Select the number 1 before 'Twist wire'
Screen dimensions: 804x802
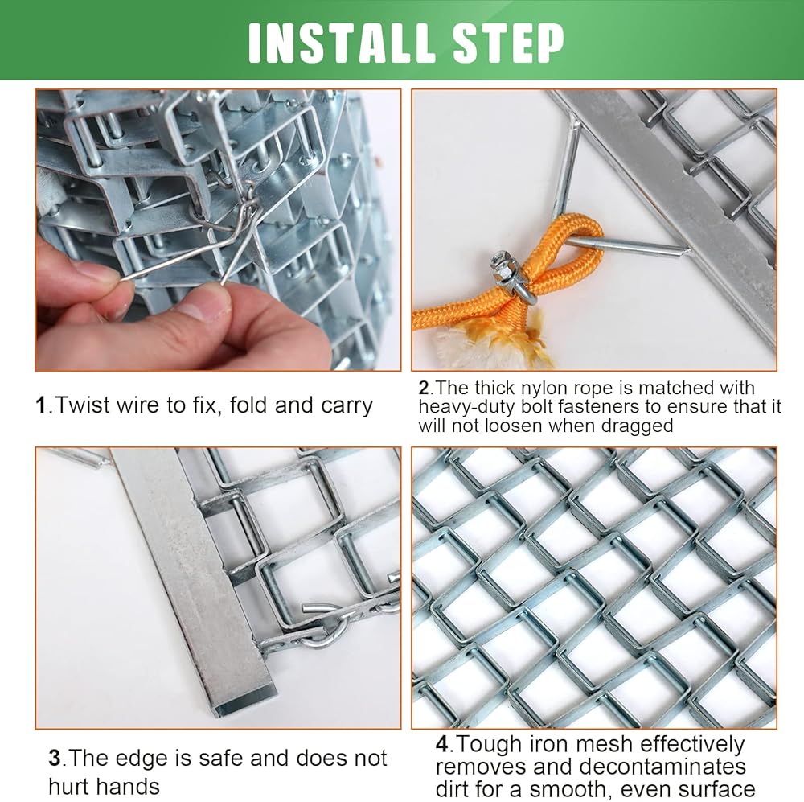pyautogui.click(x=40, y=405)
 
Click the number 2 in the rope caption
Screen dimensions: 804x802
pyautogui.click(x=424, y=388)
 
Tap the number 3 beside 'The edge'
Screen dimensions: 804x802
pyautogui.click(x=55, y=759)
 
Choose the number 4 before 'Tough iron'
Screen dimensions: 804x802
pyautogui.click(x=442, y=744)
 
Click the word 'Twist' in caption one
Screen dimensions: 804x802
pyautogui.click(x=83, y=405)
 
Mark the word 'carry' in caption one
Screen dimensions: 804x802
pyautogui.click(x=347, y=406)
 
